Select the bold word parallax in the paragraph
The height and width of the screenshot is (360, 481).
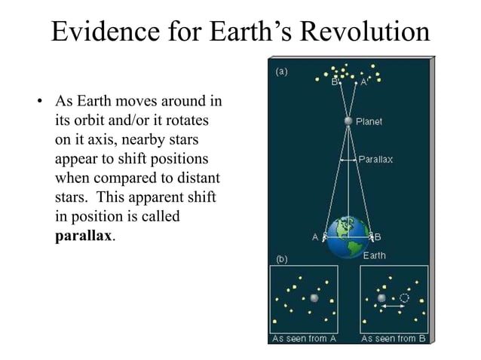click(x=84, y=236)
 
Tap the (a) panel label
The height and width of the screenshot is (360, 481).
click(x=280, y=72)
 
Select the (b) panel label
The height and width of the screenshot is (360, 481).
click(x=280, y=259)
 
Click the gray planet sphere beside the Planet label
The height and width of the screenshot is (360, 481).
click(x=348, y=121)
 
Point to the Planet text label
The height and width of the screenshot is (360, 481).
click(x=369, y=121)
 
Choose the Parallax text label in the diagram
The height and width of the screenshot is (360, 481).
click(x=375, y=160)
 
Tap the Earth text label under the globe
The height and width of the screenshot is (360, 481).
click(x=374, y=255)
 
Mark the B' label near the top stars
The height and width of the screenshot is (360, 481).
click(x=335, y=82)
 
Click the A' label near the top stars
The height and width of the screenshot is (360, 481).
click(x=363, y=82)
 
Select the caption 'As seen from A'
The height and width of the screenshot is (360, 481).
click(x=299, y=338)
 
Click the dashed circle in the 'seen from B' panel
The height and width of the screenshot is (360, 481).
click(x=404, y=298)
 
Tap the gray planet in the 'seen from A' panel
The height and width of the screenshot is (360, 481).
click(x=314, y=297)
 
